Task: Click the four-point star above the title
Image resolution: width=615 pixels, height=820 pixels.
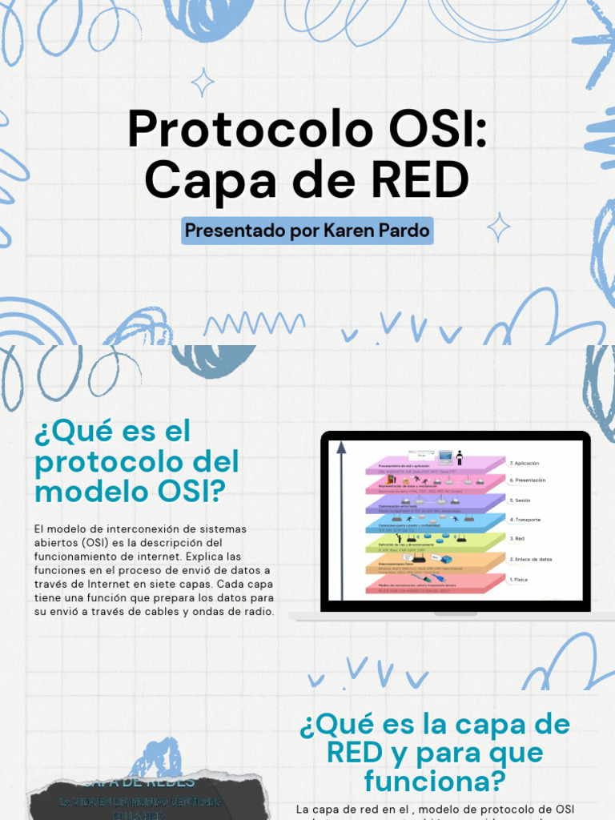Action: [x=203, y=82]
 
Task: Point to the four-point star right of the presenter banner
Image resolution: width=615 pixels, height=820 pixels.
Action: [x=498, y=227]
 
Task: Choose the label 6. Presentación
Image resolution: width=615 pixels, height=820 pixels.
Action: [x=527, y=480]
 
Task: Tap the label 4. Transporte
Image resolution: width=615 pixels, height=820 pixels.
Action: [x=525, y=520]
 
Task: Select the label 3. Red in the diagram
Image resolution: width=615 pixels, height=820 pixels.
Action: [x=517, y=539]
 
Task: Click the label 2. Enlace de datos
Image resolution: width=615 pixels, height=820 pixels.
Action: [x=530, y=559]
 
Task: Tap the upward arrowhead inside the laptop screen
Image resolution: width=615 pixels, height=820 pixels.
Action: [x=341, y=447]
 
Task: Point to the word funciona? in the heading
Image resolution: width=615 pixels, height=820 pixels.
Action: [x=434, y=780]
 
